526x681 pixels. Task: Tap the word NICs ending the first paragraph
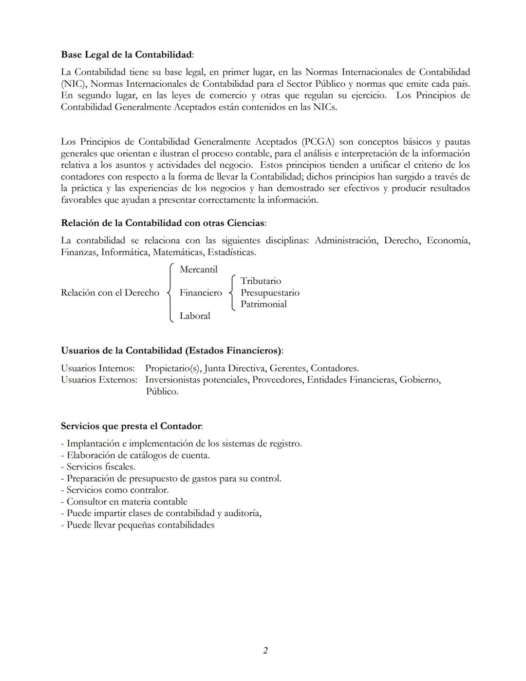(325, 107)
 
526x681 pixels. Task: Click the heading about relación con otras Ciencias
(163, 223)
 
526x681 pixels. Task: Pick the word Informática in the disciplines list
(125, 252)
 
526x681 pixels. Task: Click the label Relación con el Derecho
(110, 292)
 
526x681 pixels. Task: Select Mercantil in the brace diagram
(198, 270)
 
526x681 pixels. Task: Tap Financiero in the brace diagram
(200, 292)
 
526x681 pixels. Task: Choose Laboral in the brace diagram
(195, 316)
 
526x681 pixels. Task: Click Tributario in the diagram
(261, 281)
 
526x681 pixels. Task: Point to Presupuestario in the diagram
(270, 292)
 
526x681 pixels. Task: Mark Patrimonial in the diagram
(263, 304)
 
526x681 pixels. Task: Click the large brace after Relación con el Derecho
(170, 292)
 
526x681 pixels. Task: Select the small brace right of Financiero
(232, 292)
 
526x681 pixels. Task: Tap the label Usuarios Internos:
(97, 368)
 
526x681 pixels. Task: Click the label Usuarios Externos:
(99, 380)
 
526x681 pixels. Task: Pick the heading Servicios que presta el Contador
(131, 426)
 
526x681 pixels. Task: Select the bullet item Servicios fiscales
(101, 467)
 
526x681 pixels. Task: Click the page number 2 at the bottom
(265, 650)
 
